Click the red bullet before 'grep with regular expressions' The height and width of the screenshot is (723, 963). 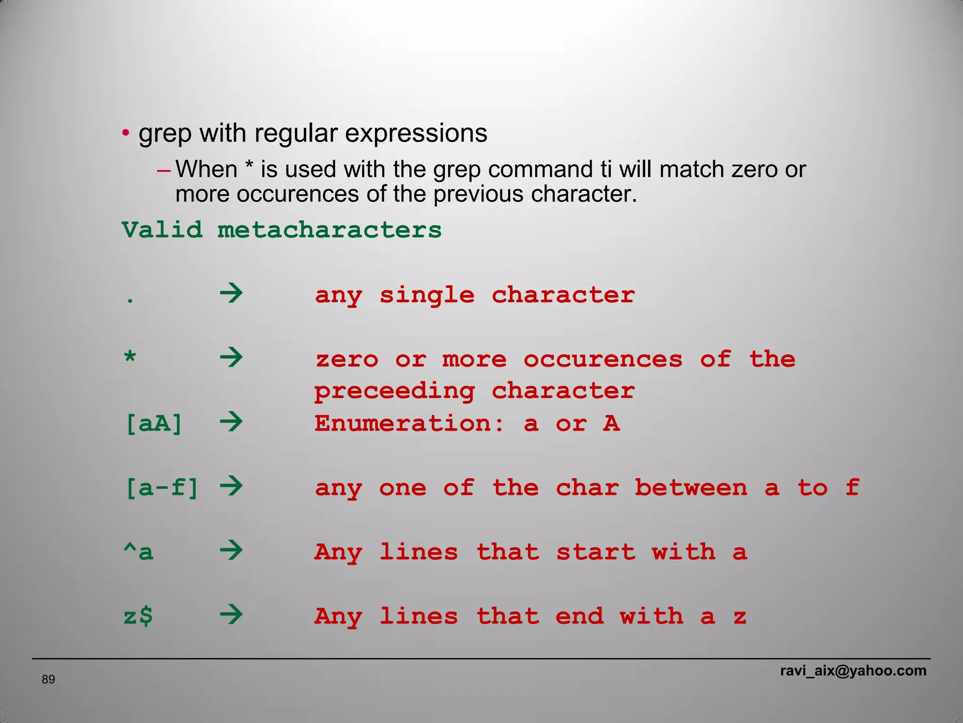125,134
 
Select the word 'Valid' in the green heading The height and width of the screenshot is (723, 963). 162,230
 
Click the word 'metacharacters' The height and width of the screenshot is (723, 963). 329,230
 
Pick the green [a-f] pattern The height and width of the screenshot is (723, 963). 162,488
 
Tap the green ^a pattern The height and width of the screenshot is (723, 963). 138,552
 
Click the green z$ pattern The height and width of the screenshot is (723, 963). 138,616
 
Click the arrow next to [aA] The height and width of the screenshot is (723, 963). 231,422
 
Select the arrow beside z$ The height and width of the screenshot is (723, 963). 231,615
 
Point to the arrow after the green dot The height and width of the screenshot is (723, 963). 231,294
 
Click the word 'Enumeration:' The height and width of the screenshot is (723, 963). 409,424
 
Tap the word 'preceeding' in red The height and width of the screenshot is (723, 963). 395,392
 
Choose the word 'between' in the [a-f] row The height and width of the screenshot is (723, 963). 691,488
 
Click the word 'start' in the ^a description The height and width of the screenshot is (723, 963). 596,552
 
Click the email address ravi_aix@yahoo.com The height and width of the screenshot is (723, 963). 853,671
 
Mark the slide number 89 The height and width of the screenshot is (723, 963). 48,679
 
